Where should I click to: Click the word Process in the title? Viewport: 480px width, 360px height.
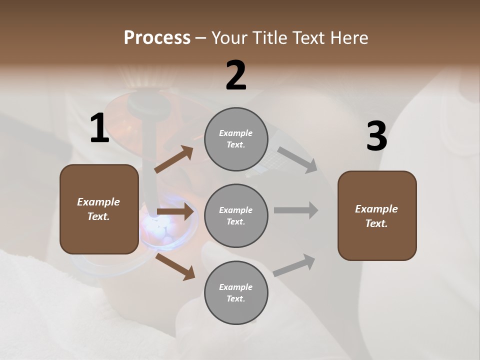click(x=157, y=37)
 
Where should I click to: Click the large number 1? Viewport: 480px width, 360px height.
click(x=99, y=128)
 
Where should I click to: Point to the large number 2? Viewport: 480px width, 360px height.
click(x=236, y=75)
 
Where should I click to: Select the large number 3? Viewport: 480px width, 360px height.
click(x=376, y=136)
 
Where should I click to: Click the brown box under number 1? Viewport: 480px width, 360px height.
click(x=99, y=209)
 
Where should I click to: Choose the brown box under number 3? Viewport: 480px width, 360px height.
click(x=377, y=215)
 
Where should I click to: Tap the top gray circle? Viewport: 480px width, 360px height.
click(x=236, y=139)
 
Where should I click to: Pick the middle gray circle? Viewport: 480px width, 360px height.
click(x=236, y=215)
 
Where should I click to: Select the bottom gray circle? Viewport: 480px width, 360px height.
click(x=236, y=292)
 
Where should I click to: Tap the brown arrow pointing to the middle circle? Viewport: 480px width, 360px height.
click(x=174, y=212)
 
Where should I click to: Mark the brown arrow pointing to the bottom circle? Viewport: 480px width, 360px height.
click(x=175, y=266)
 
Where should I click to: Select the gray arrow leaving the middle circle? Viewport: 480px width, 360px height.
click(x=296, y=210)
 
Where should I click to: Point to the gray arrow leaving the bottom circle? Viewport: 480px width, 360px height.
click(x=294, y=265)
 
